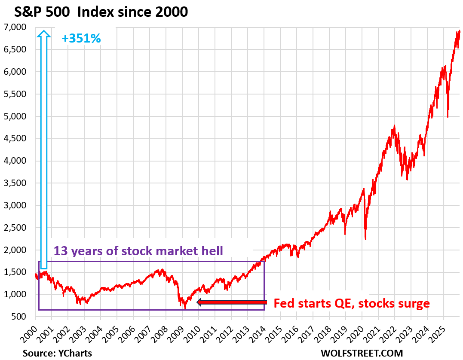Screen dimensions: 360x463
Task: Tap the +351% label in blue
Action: click(81, 39)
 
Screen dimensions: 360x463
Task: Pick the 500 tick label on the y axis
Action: click(18, 317)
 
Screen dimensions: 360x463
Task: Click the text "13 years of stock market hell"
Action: click(138, 251)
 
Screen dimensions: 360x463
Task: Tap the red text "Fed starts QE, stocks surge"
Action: click(352, 304)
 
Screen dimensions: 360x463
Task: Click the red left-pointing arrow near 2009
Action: click(232, 302)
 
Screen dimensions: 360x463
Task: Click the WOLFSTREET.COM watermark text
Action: click(362, 353)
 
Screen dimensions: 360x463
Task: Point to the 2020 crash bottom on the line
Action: click(365, 239)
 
